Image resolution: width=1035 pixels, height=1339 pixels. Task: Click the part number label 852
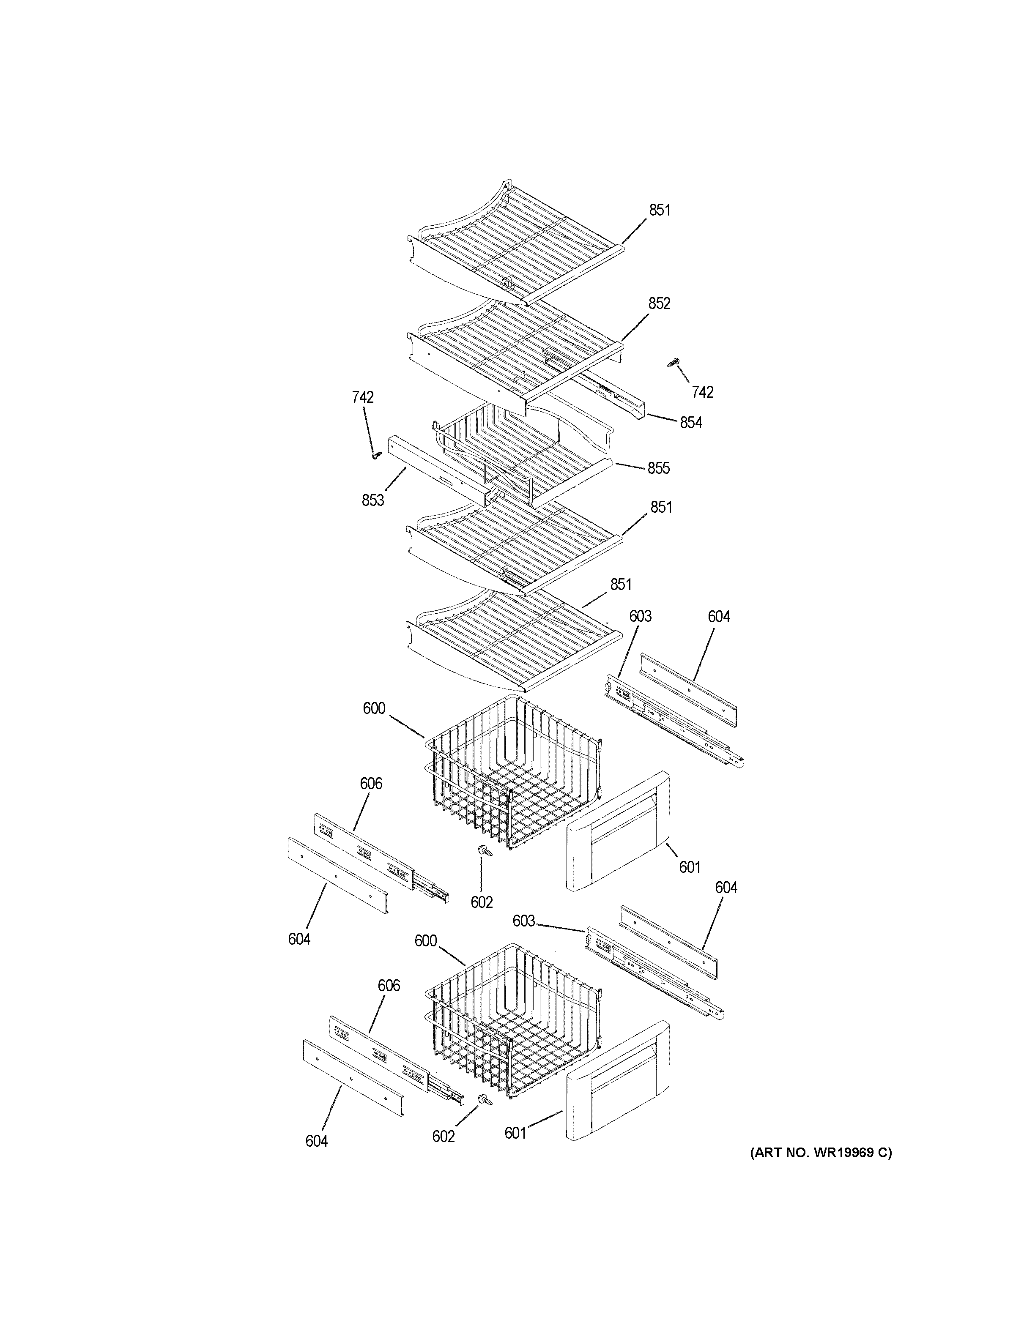coord(659,303)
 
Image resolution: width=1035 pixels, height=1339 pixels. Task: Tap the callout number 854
coord(690,422)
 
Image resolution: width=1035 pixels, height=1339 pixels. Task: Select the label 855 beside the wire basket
coord(659,468)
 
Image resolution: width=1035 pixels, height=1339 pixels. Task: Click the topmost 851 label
coord(660,210)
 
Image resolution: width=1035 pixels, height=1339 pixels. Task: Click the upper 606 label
coord(371,784)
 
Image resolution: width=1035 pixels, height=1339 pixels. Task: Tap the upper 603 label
coord(640,616)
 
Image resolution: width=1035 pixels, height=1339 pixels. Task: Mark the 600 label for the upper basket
coord(374,709)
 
